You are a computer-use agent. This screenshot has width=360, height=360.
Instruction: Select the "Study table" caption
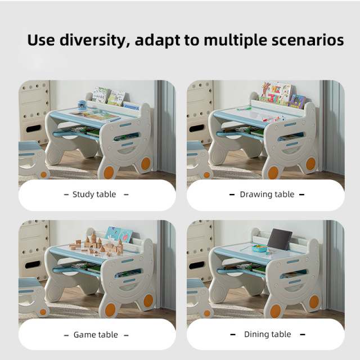coord(94,195)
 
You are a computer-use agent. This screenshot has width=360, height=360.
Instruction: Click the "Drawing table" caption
coord(267,195)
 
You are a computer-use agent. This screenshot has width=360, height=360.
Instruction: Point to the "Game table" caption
coord(96,335)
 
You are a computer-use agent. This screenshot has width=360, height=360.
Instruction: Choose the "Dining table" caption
coord(268,334)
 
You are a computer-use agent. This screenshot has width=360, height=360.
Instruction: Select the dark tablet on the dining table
coord(280,239)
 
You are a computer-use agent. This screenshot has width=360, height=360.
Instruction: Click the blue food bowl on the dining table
coord(259,249)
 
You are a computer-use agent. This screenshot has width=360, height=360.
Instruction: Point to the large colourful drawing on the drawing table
coord(275,93)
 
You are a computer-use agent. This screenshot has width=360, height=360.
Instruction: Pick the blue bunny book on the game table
coord(119,234)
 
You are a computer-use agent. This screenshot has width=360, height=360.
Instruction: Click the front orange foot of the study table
coord(109,173)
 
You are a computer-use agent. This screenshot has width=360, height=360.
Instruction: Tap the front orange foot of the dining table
coord(275,311)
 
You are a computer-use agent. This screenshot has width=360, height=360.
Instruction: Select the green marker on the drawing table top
coord(244,109)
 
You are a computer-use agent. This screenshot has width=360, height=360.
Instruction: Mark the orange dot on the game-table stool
coord(43,312)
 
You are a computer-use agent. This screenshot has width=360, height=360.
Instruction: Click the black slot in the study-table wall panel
coord(34,129)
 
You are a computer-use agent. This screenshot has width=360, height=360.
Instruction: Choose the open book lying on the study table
coord(94,115)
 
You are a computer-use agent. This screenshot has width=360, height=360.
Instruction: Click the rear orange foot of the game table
coord(148,301)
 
